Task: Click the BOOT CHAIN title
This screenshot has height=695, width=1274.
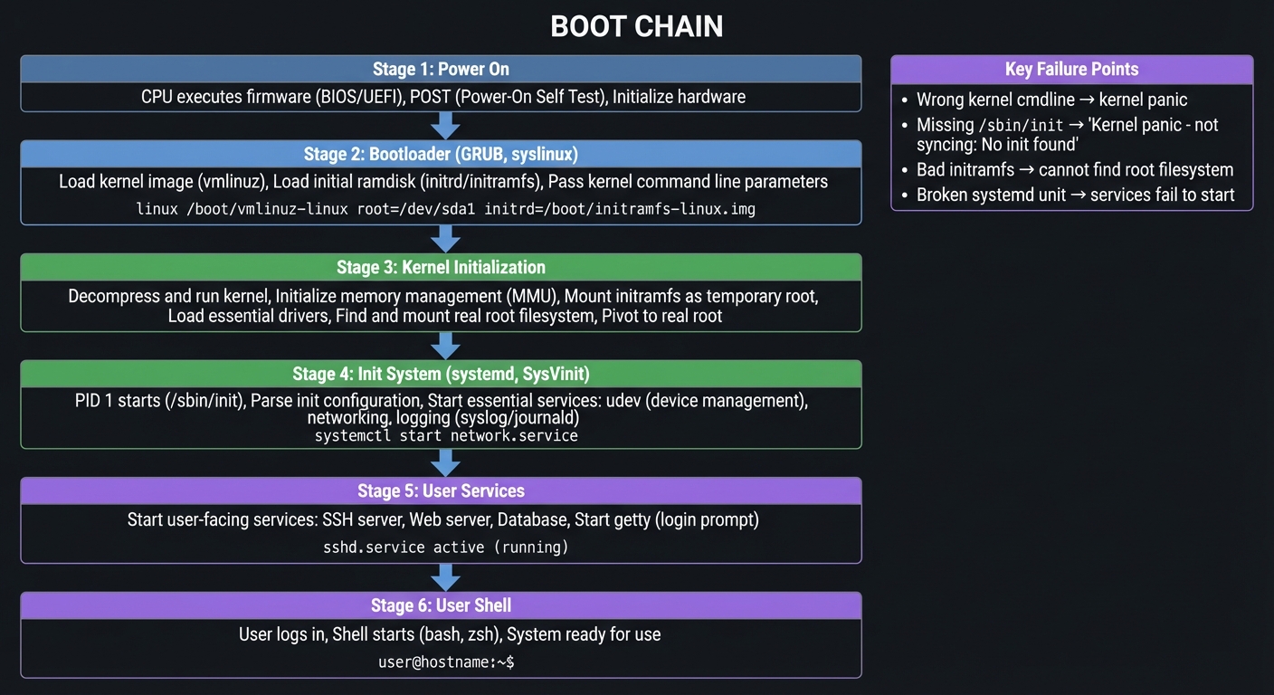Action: pyautogui.click(x=636, y=27)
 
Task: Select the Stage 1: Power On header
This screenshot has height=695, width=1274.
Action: pyautogui.click(x=441, y=70)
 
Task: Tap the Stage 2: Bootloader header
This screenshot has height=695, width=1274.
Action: pyautogui.click(x=441, y=154)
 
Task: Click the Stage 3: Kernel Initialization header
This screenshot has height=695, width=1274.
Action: pyautogui.click(x=441, y=267)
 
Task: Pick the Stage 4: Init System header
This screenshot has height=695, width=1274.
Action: pyautogui.click(x=441, y=374)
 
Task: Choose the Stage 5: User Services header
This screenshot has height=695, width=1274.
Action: pyautogui.click(x=441, y=490)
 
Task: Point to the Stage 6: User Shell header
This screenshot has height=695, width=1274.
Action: pyautogui.click(x=441, y=605)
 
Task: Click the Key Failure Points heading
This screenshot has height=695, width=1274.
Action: pyautogui.click(x=1071, y=70)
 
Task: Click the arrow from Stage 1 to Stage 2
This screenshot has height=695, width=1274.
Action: pyautogui.click(x=445, y=125)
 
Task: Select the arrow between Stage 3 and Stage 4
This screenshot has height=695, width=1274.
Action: pyautogui.click(x=445, y=345)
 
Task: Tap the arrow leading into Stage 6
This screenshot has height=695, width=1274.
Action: pyautogui.click(x=445, y=576)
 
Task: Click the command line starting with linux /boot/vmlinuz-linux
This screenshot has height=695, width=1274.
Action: pyautogui.click(x=445, y=209)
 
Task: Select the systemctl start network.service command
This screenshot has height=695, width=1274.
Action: pyautogui.click(x=446, y=436)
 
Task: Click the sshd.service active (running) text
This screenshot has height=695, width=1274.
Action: pyautogui.click(x=446, y=547)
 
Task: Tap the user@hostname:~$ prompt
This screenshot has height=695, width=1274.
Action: pyautogui.click(x=446, y=662)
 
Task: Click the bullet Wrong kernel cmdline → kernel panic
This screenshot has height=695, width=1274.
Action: pyautogui.click(x=1051, y=100)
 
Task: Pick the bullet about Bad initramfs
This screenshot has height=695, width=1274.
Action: pyautogui.click(x=1074, y=169)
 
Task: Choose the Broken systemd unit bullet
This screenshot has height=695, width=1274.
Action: pyautogui.click(x=1075, y=195)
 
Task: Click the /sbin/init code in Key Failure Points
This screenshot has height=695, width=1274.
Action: pyautogui.click(x=1012, y=125)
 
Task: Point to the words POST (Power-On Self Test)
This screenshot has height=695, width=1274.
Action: pyautogui.click(x=507, y=97)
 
